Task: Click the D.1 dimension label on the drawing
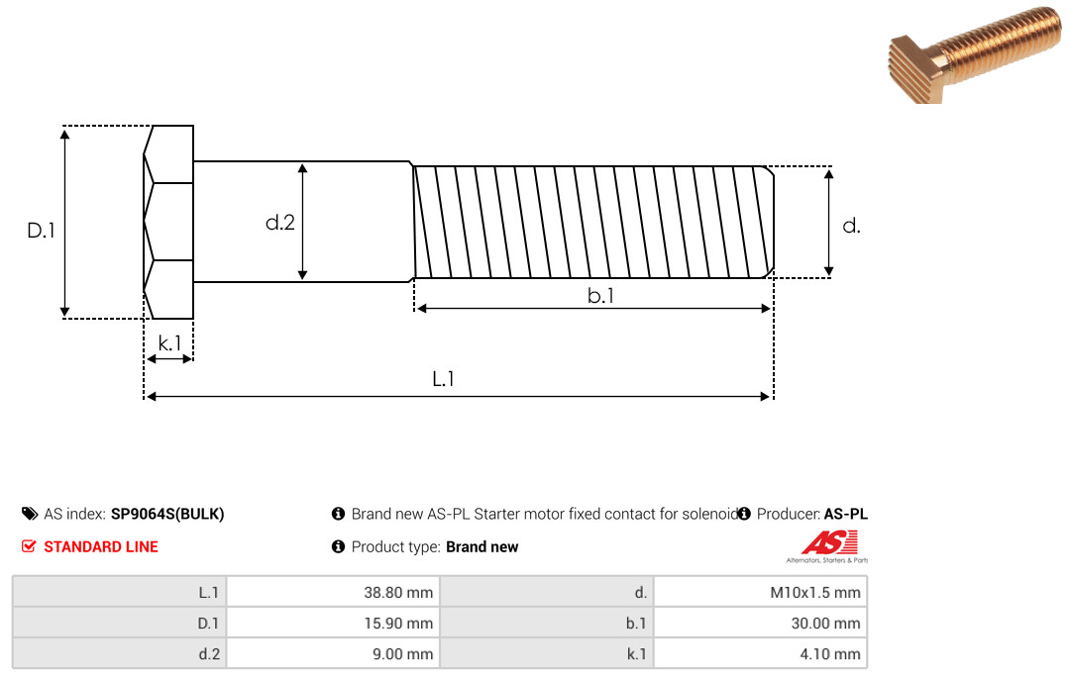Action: pyautogui.click(x=41, y=231)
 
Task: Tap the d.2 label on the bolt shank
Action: pyautogui.click(x=279, y=223)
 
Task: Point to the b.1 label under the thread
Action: pyautogui.click(x=600, y=295)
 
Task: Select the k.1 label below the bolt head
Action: pyautogui.click(x=169, y=343)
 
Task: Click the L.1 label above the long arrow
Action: pyautogui.click(x=444, y=378)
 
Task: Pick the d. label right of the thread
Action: pyautogui.click(x=851, y=226)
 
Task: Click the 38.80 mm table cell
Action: pyautogui.click(x=333, y=592)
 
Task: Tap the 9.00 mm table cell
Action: pyautogui.click(x=333, y=653)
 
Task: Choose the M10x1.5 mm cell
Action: pyautogui.click(x=760, y=592)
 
